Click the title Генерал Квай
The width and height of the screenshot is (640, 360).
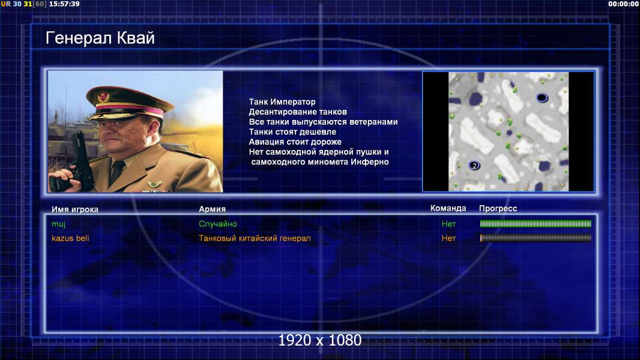(x=100, y=38)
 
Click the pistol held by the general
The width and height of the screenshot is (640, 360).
(x=80, y=160)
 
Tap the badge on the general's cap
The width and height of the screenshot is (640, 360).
(x=103, y=96)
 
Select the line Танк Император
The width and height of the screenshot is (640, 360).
(x=282, y=102)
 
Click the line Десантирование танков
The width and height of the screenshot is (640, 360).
(x=298, y=112)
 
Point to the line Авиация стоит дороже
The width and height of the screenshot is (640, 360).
(x=295, y=142)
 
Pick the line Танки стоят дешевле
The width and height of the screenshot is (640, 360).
(x=292, y=131)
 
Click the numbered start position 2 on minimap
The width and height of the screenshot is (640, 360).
(x=474, y=165)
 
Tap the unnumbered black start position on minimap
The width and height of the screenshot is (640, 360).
(x=542, y=97)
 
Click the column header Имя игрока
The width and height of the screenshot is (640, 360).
(x=75, y=209)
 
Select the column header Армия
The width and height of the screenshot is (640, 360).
(x=213, y=209)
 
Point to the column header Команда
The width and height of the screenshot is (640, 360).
(x=448, y=208)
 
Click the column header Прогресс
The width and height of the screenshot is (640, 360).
(x=498, y=208)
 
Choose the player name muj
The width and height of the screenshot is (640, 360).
(x=59, y=224)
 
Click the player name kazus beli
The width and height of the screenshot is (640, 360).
(x=70, y=238)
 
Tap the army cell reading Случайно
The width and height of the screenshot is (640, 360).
(x=218, y=224)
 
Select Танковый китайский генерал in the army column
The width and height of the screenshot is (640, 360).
(x=255, y=238)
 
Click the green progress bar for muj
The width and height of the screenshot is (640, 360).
(x=536, y=223)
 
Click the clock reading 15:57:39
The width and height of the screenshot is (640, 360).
(x=64, y=4)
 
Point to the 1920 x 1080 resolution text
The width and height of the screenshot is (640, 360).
(x=320, y=340)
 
